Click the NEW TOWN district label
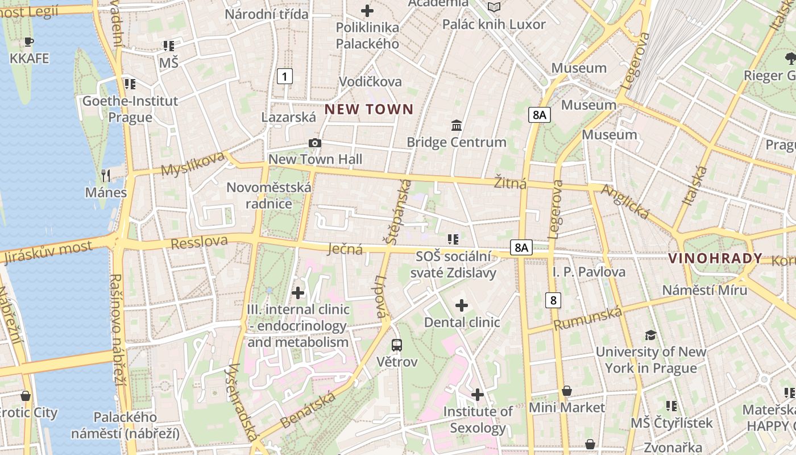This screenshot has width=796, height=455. (369, 109)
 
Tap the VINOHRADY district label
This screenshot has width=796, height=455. (715, 258)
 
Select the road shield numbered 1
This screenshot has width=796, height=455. (285, 76)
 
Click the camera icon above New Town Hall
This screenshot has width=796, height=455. (315, 143)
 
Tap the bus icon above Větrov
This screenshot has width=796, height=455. (397, 345)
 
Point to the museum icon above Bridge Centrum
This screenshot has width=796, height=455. (456, 125)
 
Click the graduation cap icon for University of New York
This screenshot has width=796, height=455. (650, 336)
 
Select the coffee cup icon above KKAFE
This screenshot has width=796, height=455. (29, 42)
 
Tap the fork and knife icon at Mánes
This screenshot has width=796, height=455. (105, 175)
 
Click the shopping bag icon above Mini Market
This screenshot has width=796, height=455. (567, 391)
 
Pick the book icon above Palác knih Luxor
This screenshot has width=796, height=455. (494, 7)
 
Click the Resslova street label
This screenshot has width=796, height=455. (199, 242)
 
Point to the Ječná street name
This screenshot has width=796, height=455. (346, 249)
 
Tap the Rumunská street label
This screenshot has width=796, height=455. (588, 318)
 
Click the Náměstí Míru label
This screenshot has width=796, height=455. (704, 290)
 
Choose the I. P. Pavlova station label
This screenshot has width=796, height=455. (589, 272)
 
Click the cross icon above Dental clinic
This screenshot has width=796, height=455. (462, 306)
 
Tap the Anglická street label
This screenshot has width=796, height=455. (625, 202)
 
